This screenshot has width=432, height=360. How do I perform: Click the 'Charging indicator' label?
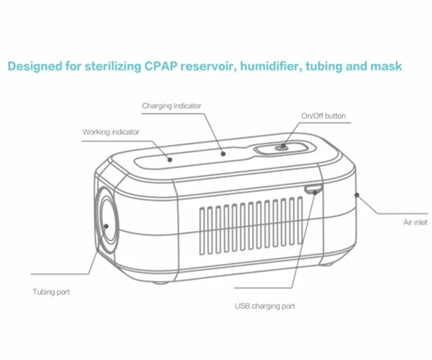click(x=171, y=106)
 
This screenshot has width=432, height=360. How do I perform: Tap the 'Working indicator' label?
click(x=111, y=132)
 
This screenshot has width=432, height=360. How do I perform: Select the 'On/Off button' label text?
click(x=323, y=116)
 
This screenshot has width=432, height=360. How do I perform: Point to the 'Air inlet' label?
click(x=415, y=222)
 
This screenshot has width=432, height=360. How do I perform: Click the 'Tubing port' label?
click(x=51, y=292)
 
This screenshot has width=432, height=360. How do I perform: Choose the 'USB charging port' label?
click(x=265, y=306)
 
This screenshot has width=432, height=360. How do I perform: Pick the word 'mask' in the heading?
click(x=386, y=66)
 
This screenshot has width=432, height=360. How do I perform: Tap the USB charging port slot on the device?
click(x=313, y=189)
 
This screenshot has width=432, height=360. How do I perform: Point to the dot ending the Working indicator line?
click(x=169, y=159)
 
